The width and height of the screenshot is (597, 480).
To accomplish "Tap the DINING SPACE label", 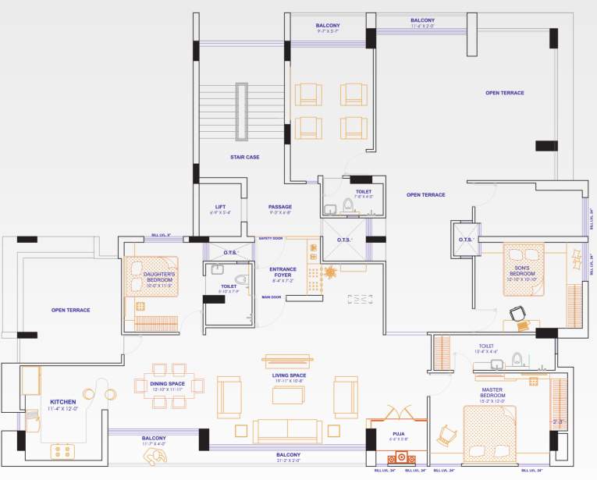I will pyautogui.click(x=167, y=384).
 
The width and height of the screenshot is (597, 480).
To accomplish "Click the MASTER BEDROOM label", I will pyautogui.click(x=494, y=393).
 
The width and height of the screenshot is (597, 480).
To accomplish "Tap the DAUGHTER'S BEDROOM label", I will pyautogui.click(x=159, y=277).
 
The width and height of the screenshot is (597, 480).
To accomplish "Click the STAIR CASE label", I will pyautogui.click(x=244, y=157).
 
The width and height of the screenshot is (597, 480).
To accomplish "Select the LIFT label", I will pyautogui.click(x=220, y=207).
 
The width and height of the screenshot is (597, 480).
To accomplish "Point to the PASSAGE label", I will pyautogui.click(x=280, y=207).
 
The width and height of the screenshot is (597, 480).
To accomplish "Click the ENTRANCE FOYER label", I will pyautogui.click(x=282, y=272).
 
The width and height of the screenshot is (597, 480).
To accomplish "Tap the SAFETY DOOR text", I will pyautogui.click(x=271, y=238).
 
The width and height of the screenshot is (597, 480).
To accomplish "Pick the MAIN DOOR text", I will pyautogui.click(x=271, y=297).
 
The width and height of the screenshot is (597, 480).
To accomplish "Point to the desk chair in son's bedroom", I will pyautogui.click(x=517, y=314).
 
